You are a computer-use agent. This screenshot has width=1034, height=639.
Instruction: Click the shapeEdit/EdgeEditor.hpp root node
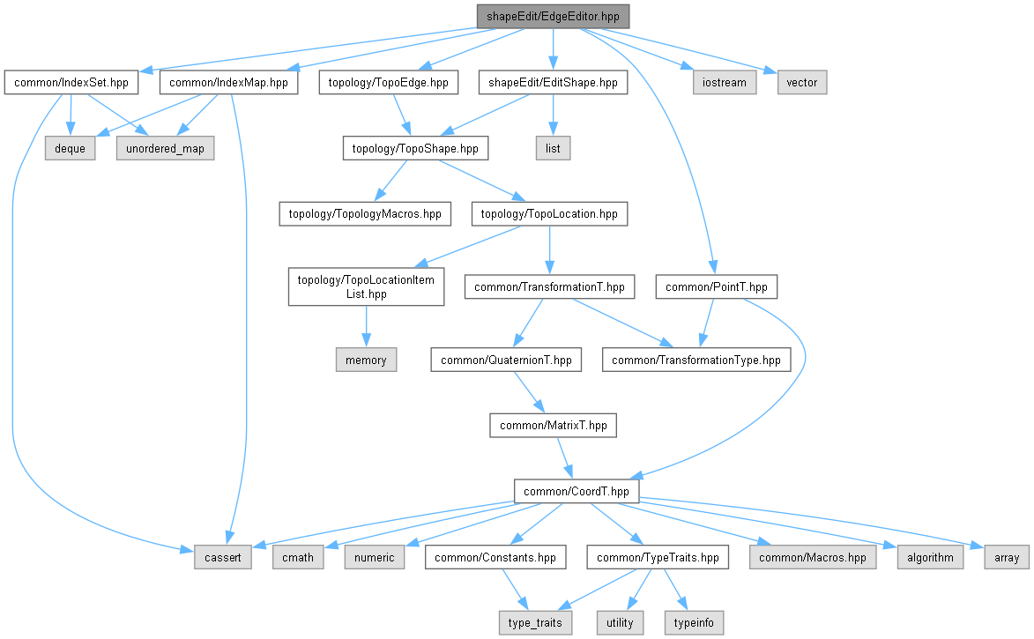tap(553, 17)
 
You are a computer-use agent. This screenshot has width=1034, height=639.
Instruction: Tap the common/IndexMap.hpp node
tap(228, 83)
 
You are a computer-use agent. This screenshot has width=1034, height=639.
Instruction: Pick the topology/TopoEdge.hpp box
tap(389, 83)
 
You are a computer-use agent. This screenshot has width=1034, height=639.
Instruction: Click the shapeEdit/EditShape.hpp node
tap(553, 83)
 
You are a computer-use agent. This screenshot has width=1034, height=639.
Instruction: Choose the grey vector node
tap(802, 83)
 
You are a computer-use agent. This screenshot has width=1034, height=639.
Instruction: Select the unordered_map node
tap(165, 148)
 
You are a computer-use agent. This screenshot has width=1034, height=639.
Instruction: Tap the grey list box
tap(553, 148)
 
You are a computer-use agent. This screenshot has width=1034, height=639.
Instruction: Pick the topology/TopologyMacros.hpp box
tap(365, 213)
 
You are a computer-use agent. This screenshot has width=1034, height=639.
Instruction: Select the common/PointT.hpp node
tap(717, 286)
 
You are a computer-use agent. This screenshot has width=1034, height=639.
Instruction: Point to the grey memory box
tap(366, 360)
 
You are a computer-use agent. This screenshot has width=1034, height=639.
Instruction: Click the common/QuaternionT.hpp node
tap(506, 360)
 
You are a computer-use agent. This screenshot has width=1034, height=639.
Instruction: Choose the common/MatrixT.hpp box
tap(553, 425)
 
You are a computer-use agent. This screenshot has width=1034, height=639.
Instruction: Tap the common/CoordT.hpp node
tap(577, 491)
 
